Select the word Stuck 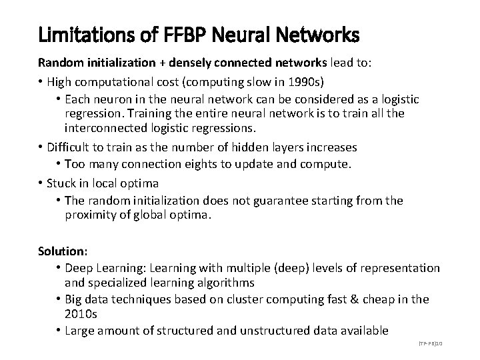tap(61, 182)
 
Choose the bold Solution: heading tap(61, 251)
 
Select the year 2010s tap(81, 313)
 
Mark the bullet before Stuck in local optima tap(41, 183)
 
